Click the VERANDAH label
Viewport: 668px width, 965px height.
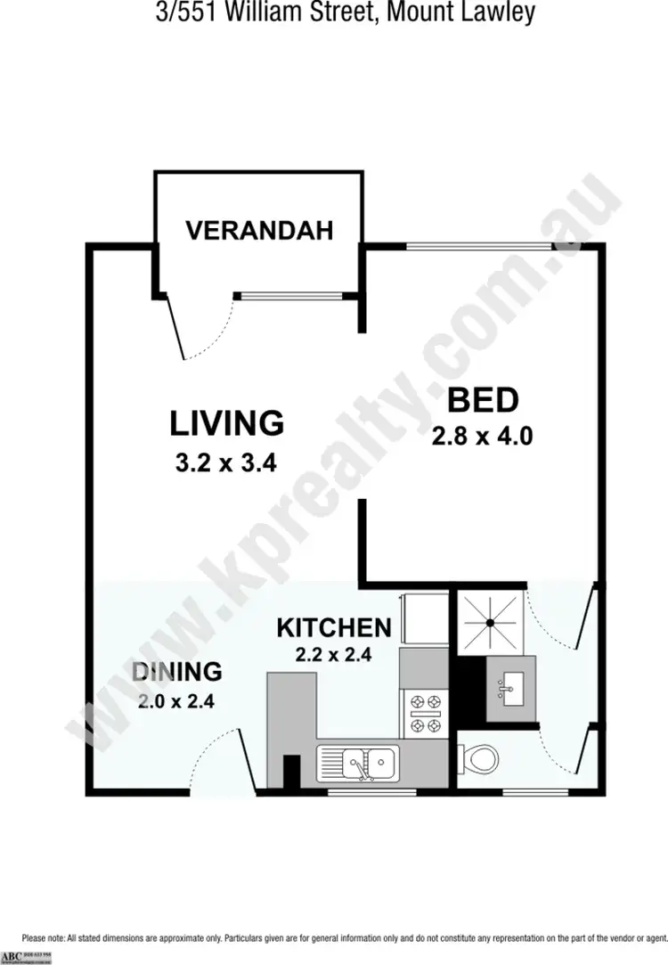(x=259, y=230)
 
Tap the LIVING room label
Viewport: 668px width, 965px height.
(x=227, y=422)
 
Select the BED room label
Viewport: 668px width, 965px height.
(x=482, y=401)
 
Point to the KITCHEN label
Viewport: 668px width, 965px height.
(x=334, y=627)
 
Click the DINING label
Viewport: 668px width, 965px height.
(x=176, y=671)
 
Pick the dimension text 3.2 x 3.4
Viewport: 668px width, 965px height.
(x=227, y=463)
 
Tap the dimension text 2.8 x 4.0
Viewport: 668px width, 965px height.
(x=482, y=438)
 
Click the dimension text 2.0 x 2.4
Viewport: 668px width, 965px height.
(x=176, y=700)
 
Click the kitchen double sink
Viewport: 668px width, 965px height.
(x=360, y=764)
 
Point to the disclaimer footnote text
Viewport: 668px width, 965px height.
(x=344, y=937)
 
